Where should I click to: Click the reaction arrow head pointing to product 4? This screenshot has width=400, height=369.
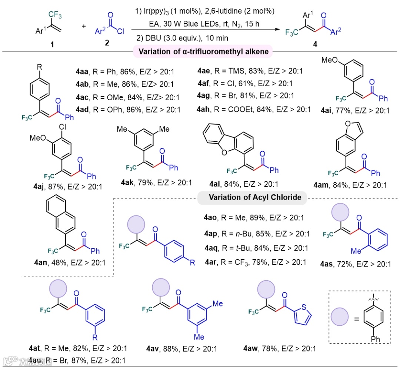(x=279, y=32)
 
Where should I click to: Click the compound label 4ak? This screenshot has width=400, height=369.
(x=128, y=182)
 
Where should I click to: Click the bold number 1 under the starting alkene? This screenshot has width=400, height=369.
(x=52, y=44)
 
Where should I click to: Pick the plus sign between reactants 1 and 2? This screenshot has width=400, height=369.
(x=84, y=26)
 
